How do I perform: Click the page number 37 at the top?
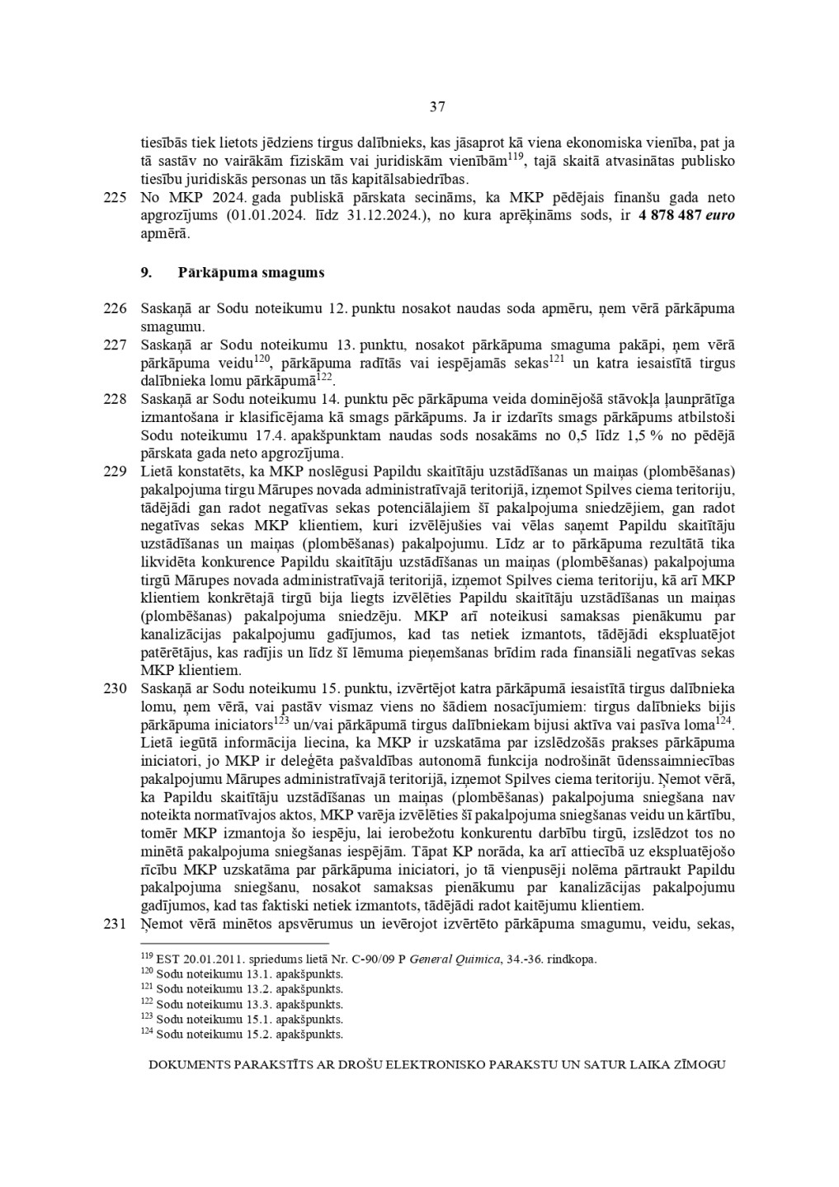437,106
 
